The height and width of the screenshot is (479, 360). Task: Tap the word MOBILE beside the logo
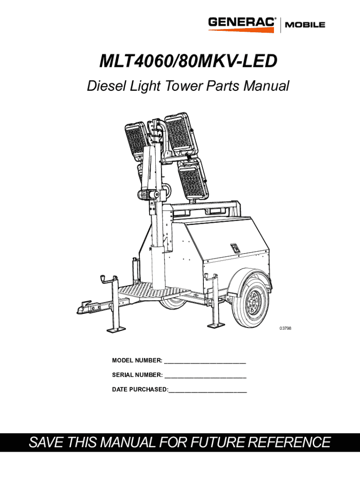pyautogui.click(x=305, y=25)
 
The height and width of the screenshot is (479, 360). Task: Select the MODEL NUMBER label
pyautogui.click(x=137, y=360)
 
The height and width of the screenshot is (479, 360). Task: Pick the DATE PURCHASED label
pyautogui.click(x=140, y=389)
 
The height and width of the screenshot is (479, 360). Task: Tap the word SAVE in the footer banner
pyautogui.click(x=47, y=442)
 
